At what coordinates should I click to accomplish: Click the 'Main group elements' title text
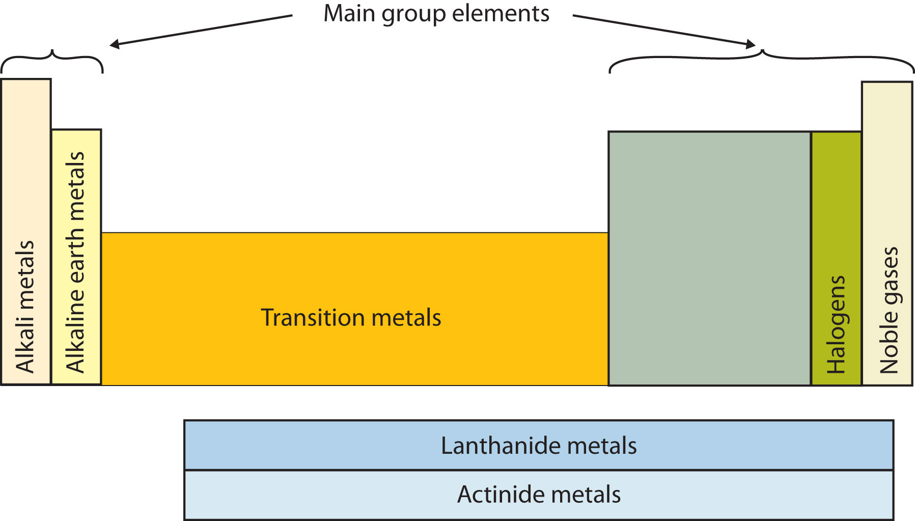pos(436,14)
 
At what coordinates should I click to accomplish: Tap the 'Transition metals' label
pos(351,318)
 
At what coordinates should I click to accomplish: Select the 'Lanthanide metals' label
pos(539,446)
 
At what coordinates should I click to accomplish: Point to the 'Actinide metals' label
pos(539,495)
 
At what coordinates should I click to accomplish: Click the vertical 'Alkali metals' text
pos(25,307)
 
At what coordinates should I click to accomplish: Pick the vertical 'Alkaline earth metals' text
pos(75,262)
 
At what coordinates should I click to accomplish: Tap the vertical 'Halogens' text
pos(836,324)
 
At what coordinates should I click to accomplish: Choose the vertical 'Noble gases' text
pos(889,310)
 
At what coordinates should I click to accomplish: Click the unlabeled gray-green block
pos(709,258)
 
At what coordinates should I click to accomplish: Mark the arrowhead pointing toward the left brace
pos(115,45)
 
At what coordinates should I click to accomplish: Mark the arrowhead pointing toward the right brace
pos(750,44)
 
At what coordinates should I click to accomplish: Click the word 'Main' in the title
pos(350,14)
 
